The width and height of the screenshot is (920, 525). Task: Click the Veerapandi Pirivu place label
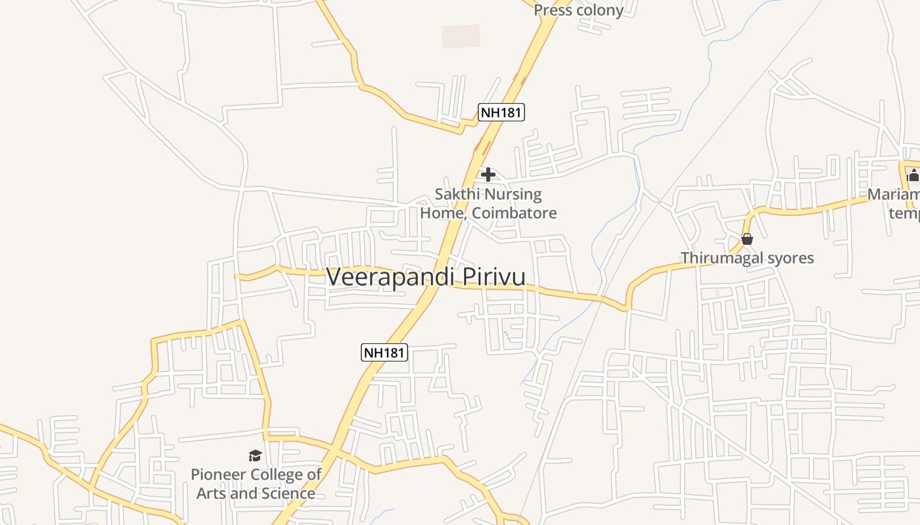[x=425, y=276]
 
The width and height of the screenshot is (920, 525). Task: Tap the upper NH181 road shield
[x=501, y=112]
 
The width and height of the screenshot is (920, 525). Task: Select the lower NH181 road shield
[x=384, y=352]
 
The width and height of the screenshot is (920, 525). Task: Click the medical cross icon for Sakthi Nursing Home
[x=488, y=175]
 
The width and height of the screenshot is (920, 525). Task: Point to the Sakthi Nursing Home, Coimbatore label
[x=488, y=203]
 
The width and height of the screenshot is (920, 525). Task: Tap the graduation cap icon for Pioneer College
[x=255, y=455]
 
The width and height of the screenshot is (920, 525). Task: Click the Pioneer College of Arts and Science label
[x=256, y=484]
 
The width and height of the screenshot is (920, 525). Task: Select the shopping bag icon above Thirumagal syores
[x=747, y=239]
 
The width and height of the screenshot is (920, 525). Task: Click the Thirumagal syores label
[x=747, y=258]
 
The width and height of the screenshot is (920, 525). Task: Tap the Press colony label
[x=578, y=10]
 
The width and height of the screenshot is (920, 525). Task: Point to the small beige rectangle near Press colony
[x=461, y=36]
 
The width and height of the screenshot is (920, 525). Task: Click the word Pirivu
[x=494, y=276]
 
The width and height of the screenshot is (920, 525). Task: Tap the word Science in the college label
[x=285, y=493]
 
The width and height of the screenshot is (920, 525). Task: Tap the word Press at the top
[x=552, y=10]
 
